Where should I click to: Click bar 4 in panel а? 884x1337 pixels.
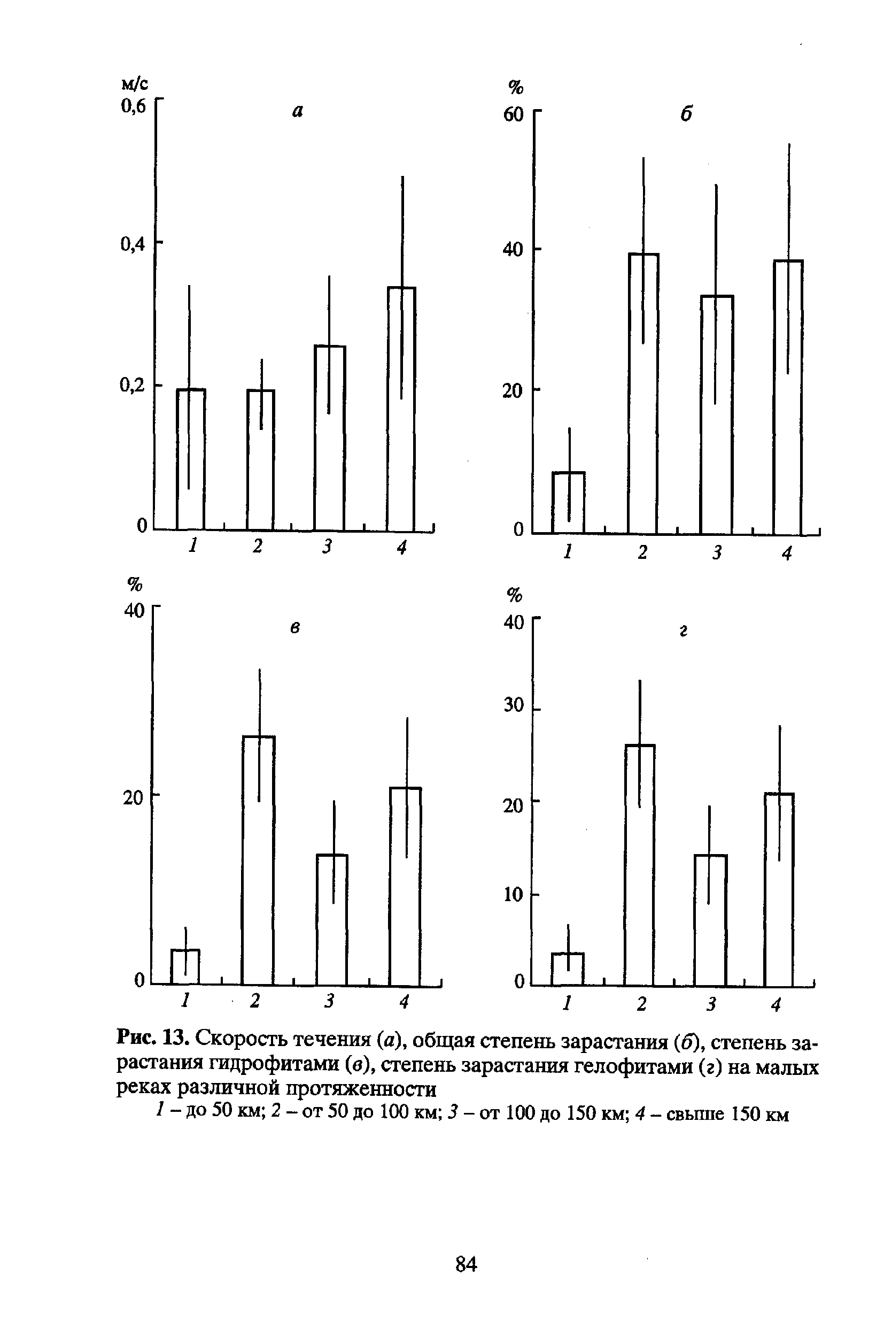click(401, 409)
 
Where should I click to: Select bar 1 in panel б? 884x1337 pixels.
click(568, 503)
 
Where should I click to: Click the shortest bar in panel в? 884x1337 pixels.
click(185, 967)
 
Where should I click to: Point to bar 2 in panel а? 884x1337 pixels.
click(260, 460)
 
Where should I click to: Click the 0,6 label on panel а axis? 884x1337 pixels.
click(133, 106)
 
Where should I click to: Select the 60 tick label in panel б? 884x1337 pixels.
click(513, 115)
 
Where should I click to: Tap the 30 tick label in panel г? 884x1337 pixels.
click(514, 705)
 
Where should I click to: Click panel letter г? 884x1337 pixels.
click(683, 632)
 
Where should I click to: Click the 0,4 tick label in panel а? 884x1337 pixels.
click(133, 243)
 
